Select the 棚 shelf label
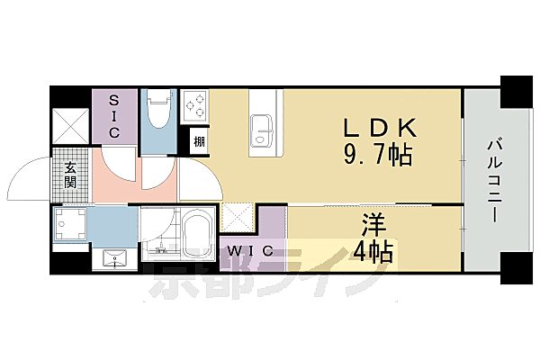(198, 141)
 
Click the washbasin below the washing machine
(114, 258)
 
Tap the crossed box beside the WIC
(238, 216)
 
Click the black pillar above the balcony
(518, 93)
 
